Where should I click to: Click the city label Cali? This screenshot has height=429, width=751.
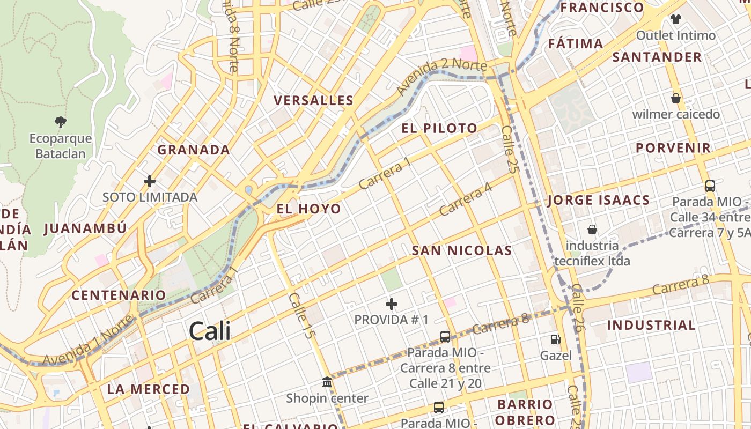[x=210, y=331]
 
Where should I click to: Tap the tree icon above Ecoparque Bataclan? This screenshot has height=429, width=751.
[x=60, y=122]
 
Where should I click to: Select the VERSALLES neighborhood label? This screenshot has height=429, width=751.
[x=313, y=100]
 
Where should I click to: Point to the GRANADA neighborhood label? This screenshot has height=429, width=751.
[x=194, y=150]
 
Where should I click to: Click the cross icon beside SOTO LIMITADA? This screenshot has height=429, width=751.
[x=150, y=181]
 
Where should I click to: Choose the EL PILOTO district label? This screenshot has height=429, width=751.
[x=439, y=128]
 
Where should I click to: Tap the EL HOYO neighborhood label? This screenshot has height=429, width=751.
[x=308, y=209]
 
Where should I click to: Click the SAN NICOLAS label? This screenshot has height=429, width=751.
[x=462, y=250]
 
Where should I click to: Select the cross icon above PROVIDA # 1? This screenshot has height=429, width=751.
[x=392, y=304]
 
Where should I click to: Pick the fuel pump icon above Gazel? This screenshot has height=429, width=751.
[x=555, y=339]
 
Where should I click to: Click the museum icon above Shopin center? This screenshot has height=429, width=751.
[x=327, y=382]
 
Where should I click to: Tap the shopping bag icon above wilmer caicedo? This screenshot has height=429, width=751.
[x=676, y=98]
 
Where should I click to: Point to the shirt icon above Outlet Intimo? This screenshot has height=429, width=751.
[x=675, y=19]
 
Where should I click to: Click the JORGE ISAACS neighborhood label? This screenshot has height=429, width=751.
[x=598, y=201]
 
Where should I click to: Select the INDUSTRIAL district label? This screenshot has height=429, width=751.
[x=651, y=325]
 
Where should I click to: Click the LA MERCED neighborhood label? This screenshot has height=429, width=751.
[x=148, y=389]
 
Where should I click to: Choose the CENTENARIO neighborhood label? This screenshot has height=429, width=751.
[x=119, y=295]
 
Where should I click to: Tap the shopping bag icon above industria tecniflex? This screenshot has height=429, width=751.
[x=592, y=230]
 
